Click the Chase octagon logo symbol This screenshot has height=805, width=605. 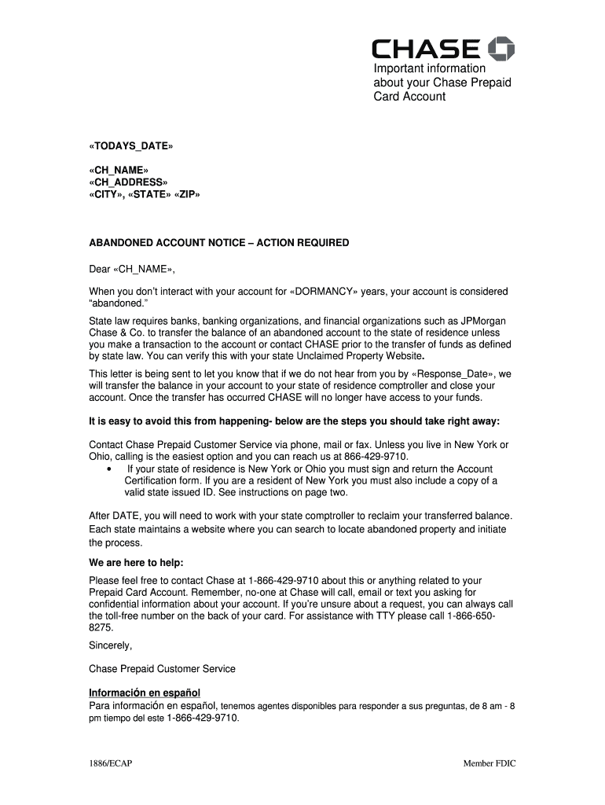coord(500,49)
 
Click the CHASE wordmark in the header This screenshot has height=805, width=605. coord(425,50)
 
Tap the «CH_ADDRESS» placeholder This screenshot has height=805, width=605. coord(128,183)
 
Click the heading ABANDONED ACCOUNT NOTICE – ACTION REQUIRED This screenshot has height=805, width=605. coord(219,243)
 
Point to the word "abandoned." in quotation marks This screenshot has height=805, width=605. coord(115,303)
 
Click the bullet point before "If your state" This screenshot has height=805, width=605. coord(107,469)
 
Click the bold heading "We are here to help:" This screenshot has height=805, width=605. coord(136,563)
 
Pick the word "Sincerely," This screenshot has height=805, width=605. coord(111,645)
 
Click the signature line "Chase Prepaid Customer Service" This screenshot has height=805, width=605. coord(162,669)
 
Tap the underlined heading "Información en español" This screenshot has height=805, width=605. coord(145,693)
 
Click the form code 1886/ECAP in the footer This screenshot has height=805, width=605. coord(110,763)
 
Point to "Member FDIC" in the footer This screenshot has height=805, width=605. coord(489,763)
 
